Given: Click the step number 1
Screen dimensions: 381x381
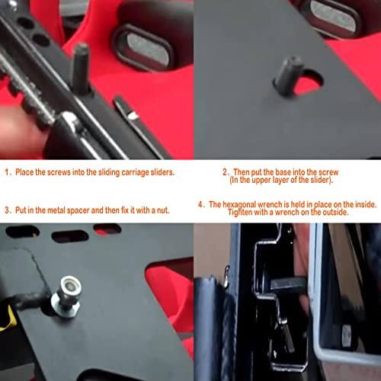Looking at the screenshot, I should (x=7, y=172).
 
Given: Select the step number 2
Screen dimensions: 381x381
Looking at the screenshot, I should (x=225, y=172).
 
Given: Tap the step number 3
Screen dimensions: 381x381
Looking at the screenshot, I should (x=7, y=209).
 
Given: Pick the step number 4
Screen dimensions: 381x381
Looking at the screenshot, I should (x=200, y=204).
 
